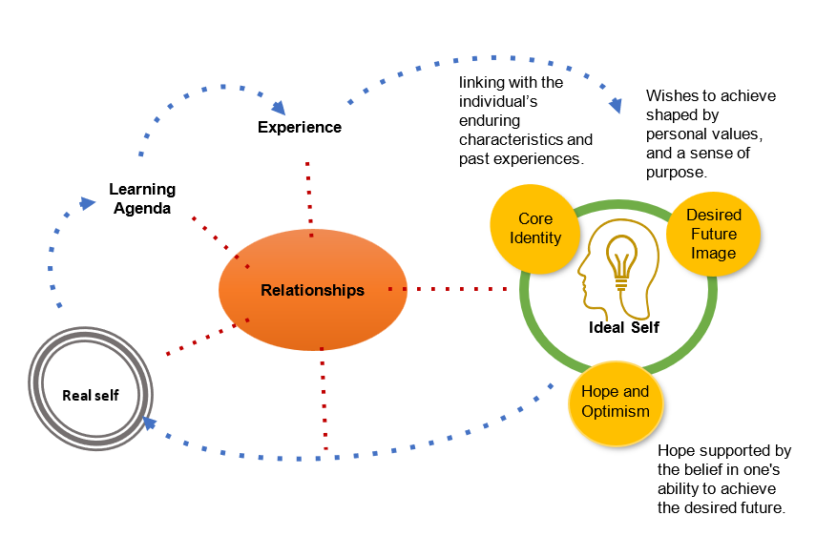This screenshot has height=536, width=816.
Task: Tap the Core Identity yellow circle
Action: [535, 229]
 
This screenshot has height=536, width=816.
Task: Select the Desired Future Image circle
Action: [714, 235]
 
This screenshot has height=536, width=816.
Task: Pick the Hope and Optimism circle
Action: [615, 402]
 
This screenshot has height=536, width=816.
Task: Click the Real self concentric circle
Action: [91, 395]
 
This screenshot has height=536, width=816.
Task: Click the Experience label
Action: [300, 127]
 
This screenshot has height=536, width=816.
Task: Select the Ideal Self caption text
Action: [624, 327]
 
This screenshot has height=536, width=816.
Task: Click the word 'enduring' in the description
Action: [491, 121]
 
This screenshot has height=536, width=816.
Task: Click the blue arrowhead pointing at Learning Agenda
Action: [88, 202]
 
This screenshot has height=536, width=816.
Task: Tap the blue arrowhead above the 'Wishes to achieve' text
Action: [617, 105]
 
